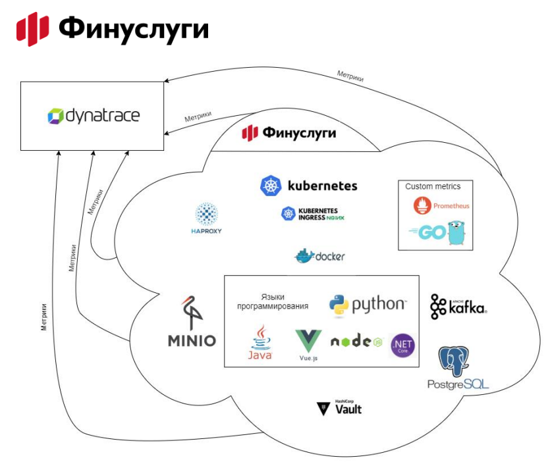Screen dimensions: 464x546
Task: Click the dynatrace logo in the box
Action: pos(94,116)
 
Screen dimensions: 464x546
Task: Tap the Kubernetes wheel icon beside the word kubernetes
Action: pos(271,186)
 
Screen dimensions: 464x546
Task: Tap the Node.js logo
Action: pos(356,342)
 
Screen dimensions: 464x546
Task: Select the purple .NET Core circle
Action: pos(402,345)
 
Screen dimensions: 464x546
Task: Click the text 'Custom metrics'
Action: pos(433,186)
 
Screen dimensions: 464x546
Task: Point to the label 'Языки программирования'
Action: pos(273,301)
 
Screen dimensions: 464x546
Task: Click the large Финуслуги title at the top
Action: pos(113,28)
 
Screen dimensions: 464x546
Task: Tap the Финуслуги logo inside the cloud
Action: pos(289,134)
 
